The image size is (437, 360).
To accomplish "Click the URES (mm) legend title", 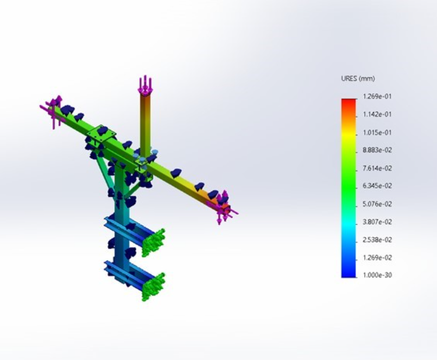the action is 358,79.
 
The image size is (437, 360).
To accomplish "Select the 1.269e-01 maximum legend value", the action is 378,97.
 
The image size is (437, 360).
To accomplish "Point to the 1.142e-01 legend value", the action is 378,115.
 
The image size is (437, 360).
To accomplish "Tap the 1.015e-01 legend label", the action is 378,133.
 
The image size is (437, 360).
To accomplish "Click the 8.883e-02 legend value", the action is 378,150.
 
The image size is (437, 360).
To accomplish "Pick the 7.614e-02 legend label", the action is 378,168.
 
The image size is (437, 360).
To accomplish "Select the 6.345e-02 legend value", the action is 378,186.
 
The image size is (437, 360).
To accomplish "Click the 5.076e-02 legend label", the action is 378,204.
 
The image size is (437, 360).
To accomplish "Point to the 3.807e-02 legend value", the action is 378,222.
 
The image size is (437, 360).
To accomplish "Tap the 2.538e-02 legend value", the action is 378,240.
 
